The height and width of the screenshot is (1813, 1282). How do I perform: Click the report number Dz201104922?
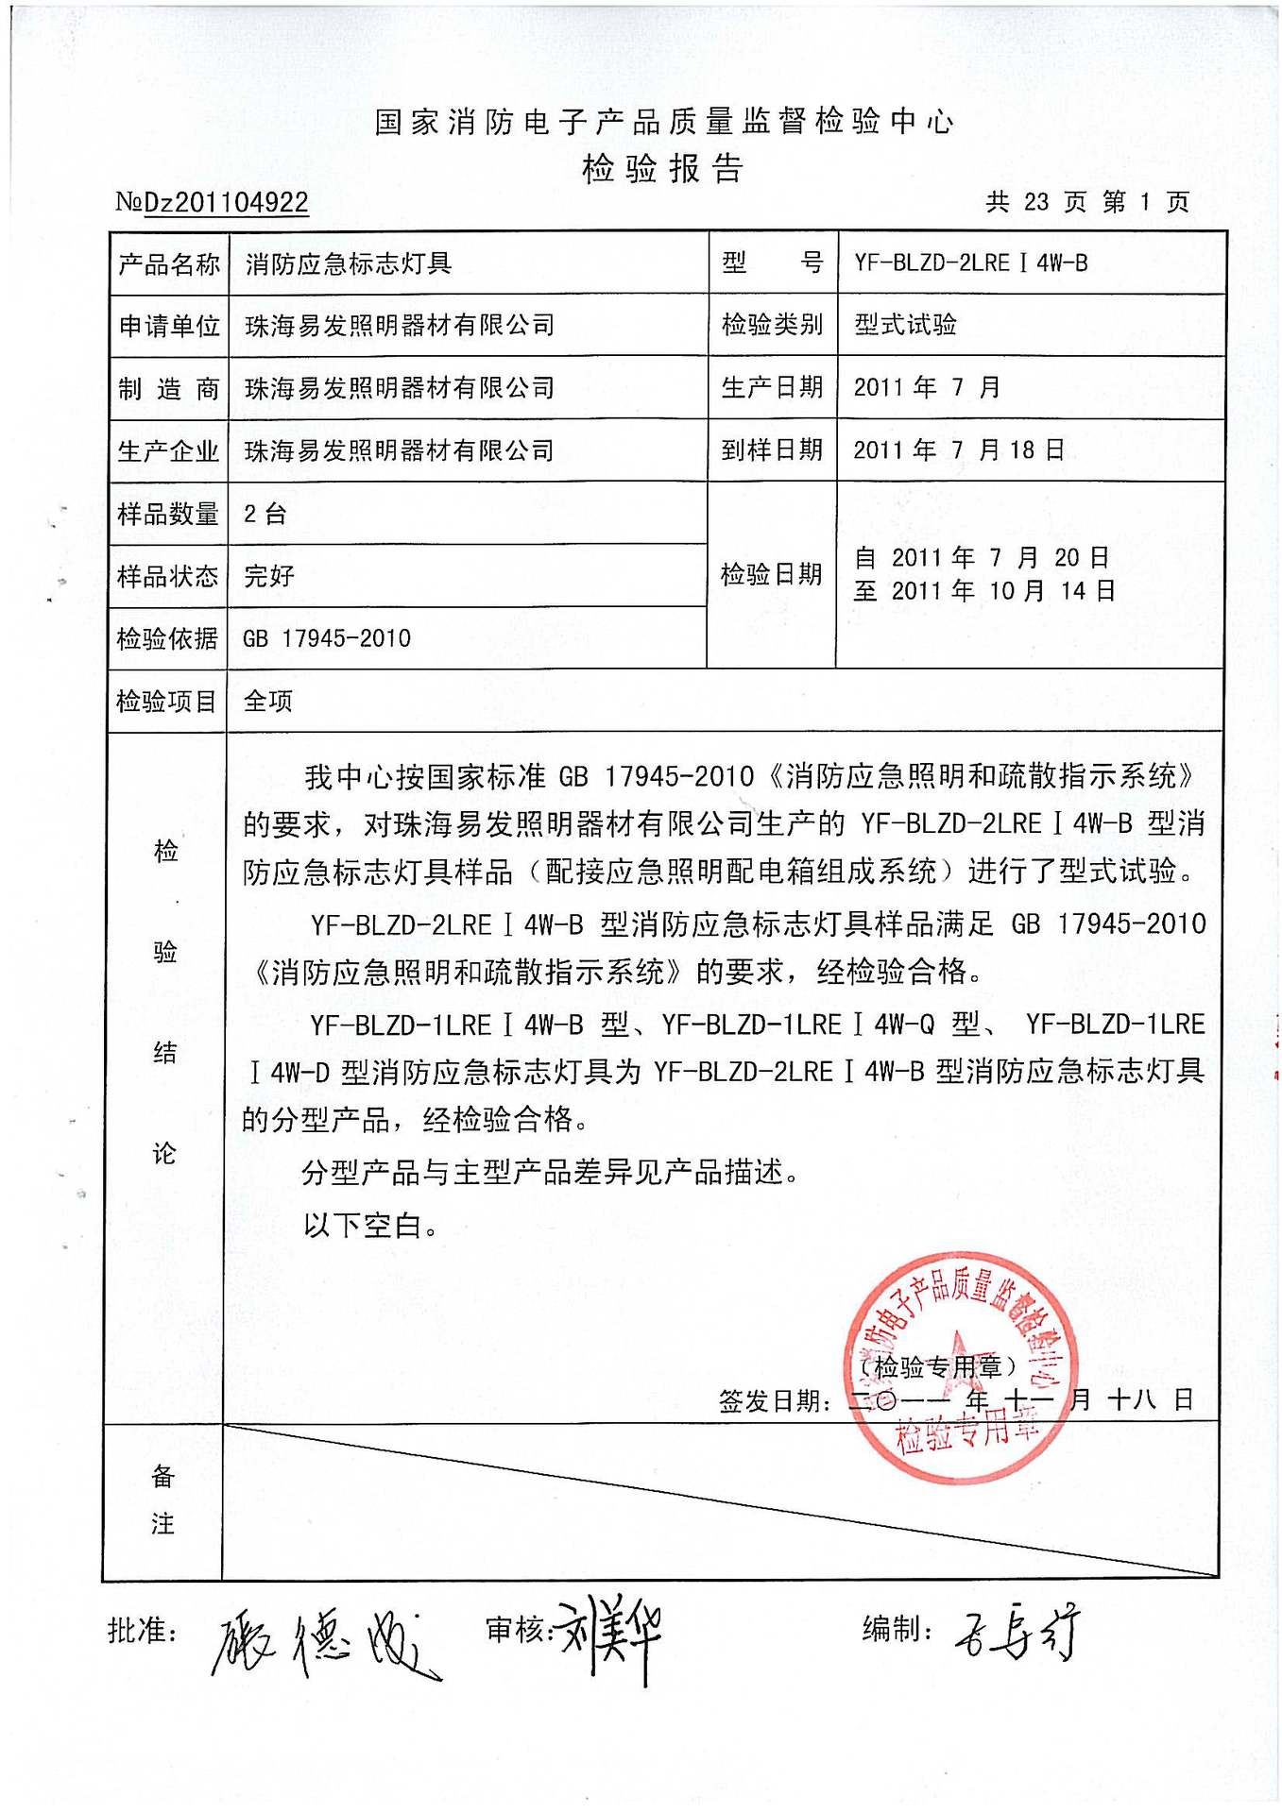[226, 202]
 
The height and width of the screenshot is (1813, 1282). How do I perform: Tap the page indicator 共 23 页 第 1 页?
[1087, 201]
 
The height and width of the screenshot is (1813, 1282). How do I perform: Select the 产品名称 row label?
[169, 263]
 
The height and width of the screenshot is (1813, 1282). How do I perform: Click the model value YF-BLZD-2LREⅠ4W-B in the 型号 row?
[970, 263]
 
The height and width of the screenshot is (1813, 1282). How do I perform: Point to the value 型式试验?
[905, 325]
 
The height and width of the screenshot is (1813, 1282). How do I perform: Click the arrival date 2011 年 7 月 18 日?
[959, 449]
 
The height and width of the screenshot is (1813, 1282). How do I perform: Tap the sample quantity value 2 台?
[265, 514]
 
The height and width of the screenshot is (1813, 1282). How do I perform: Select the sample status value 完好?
[269, 576]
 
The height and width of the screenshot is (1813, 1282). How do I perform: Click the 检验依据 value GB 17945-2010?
[327, 638]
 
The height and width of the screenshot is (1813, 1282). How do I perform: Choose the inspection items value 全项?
[268, 701]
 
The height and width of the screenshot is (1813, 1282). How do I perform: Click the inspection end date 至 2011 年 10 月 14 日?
[984, 591]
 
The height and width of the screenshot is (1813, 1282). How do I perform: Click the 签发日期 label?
[775, 1401]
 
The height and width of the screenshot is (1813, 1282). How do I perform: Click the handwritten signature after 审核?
[609, 1637]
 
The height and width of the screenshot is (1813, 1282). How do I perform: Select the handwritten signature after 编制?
[1017, 1634]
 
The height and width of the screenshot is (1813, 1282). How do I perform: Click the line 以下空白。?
[371, 1226]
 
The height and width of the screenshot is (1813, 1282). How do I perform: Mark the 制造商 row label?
[169, 388]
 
